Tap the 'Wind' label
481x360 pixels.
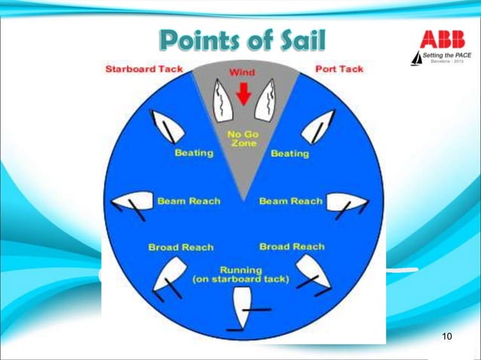(x=242, y=72)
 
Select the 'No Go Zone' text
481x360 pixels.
(x=243, y=139)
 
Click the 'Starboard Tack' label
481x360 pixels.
(x=143, y=69)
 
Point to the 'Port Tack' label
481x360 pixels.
(x=339, y=69)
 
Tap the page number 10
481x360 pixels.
(x=446, y=335)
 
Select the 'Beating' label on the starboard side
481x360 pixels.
(x=194, y=153)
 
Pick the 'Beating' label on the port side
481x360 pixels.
(x=290, y=154)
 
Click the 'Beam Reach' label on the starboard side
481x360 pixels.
(x=188, y=201)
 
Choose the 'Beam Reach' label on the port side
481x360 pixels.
(x=290, y=201)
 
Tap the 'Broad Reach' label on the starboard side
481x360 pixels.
(x=181, y=247)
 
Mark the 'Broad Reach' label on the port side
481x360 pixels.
(x=292, y=246)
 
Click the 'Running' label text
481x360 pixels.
(x=240, y=270)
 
